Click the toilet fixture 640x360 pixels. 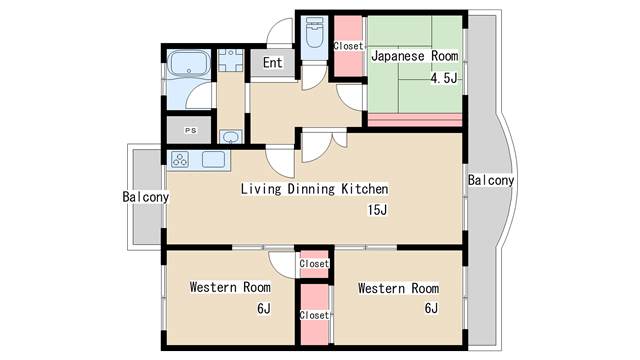tap(314, 32)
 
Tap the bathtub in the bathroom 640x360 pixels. tap(189, 63)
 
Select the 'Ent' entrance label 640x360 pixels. tap(272, 63)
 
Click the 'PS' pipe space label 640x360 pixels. tap(191, 131)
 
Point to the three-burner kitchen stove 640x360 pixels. tap(180, 159)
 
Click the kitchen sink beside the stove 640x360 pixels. tap(213, 159)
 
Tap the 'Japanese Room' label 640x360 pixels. tap(415, 56)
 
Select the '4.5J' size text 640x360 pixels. tap(444, 78)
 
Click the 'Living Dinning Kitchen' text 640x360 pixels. tap(314, 189)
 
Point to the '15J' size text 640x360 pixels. tap(377, 210)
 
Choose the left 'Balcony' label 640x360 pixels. tap(146, 197)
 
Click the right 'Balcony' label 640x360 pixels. tap(491, 180)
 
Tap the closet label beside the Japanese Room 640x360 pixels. tap(348, 46)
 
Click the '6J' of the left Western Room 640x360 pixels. tap(264, 308)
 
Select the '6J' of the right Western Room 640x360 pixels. tap(431, 308)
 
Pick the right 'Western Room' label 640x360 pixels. tap(398, 288)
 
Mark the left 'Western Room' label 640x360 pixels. tap(230, 287)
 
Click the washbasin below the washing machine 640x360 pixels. tap(231, 136)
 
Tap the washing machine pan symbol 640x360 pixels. tap(231, 60)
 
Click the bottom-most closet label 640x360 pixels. tap(314, 315)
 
